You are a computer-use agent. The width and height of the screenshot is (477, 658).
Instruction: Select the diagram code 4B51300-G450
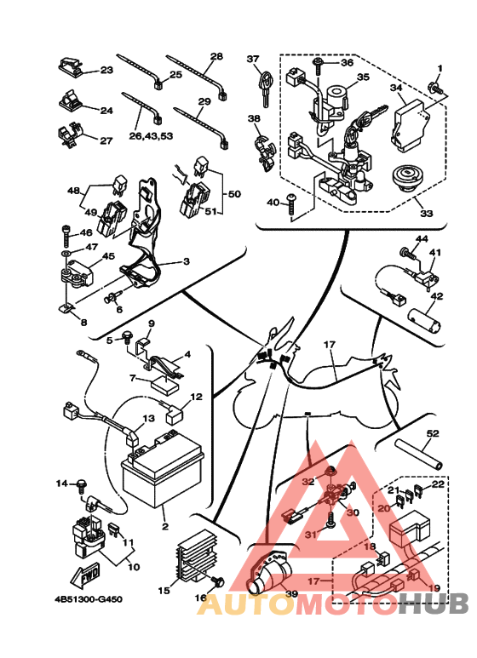(x=89, y=598)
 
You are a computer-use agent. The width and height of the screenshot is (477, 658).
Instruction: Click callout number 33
(x=426, y=214)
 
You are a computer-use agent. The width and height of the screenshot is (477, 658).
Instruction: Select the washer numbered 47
(x=66, y=254)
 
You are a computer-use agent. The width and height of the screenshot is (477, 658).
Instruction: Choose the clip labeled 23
(x=70, y=66)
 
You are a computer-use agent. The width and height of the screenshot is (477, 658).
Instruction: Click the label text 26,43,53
(x=151, y=136)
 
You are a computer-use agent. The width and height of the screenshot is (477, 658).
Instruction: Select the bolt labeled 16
(x=218, y=582)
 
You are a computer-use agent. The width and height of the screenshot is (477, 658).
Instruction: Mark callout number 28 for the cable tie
(x=216, y=56)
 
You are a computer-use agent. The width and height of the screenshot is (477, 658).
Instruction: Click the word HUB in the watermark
(x=434, y=604)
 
